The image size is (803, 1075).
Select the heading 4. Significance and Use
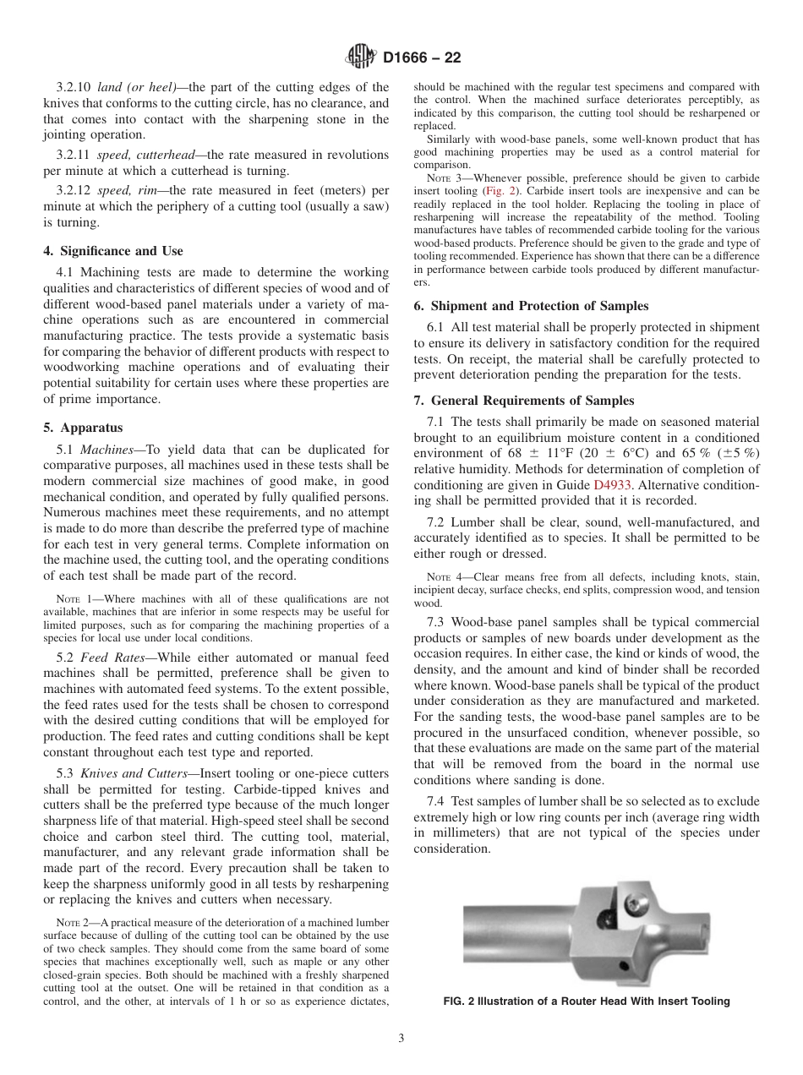pyautogui.click(x=113, y=251)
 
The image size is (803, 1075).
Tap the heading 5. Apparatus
pyautogui.click(x=83, y=428)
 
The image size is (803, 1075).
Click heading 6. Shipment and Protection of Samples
pyautogui.click(x=531, y=306)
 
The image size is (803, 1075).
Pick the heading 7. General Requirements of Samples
pyautogui.click(x=524, y=400)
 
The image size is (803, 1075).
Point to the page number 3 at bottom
pyautogui.click(x=401, y=1038)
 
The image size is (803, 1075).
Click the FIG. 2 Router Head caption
pyautogui.click(x=586, y=1001)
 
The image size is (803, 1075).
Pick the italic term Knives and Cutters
pyautogui.click(x=134, y=774)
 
